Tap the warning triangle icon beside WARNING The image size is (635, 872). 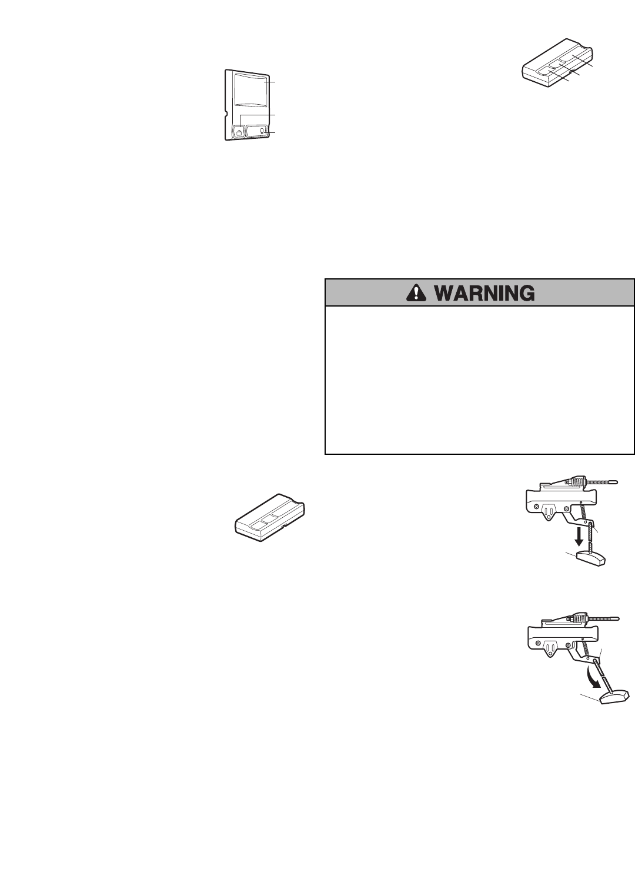[418, 292]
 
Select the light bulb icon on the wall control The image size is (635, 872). [261, 131]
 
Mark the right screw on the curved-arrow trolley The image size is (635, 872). [569, 646]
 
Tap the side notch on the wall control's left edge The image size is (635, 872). [226, 109]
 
